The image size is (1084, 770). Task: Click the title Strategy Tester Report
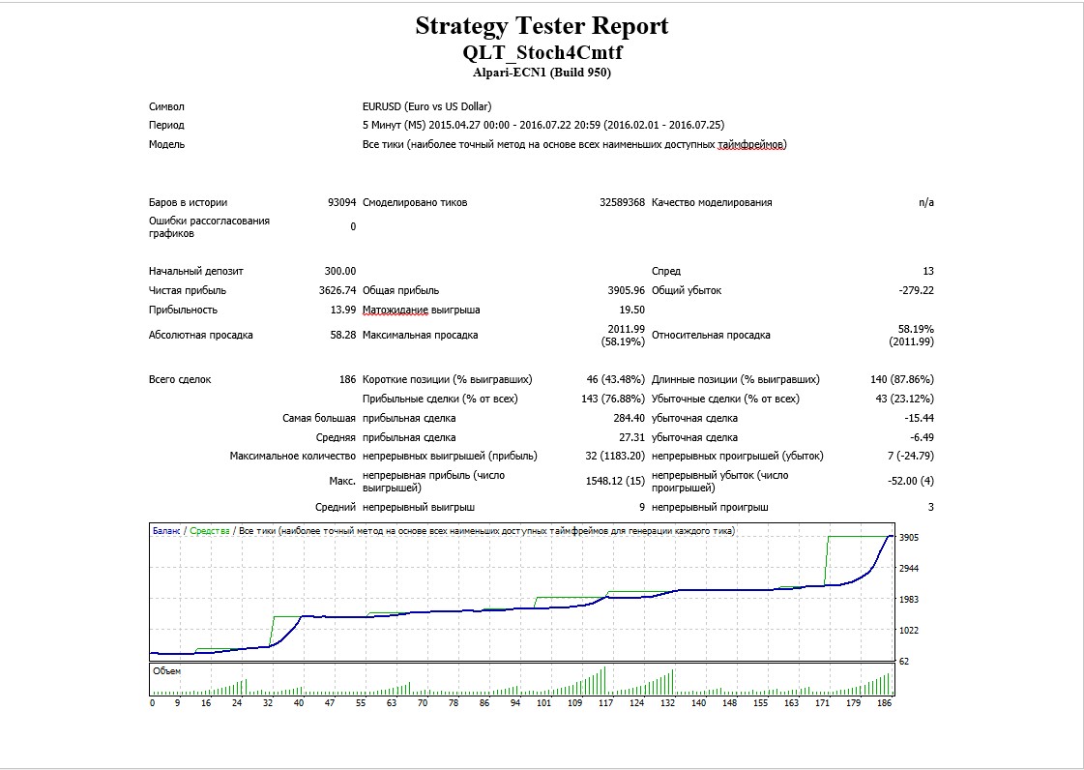point(542,26)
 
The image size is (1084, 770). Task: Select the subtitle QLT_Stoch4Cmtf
point(542,52)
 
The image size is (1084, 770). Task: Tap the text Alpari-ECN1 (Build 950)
point(542,73)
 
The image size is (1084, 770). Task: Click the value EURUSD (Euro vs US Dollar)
point(427,106)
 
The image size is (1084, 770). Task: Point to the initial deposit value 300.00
point(340,271)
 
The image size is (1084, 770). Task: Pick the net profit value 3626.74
point(337,290)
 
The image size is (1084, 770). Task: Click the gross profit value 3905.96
point(627,290)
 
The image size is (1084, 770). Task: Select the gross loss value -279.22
point(916,290)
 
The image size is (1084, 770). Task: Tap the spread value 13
point(928,271)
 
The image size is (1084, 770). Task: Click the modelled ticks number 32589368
point(622,203)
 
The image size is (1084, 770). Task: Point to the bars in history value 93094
point(342,203)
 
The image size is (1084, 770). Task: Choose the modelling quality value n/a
point(926,203)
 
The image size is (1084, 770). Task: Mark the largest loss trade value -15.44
point(920,419)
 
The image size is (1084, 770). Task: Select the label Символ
point(166,106)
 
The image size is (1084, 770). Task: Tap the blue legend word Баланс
point(166,531)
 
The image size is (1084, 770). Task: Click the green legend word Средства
point(210,531)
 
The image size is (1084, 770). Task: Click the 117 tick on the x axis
point(605,703)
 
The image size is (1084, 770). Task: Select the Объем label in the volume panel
point(166,671)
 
